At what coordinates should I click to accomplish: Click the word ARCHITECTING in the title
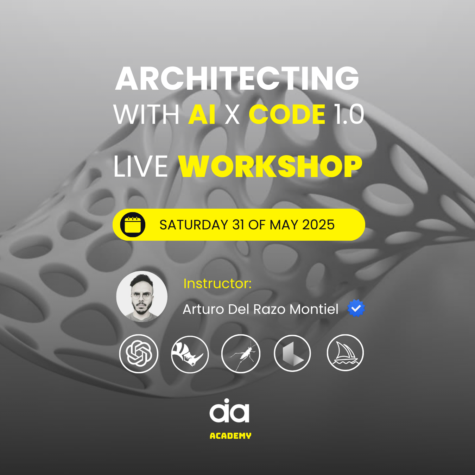[x=237, y=79]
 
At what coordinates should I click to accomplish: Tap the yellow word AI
[x=202, y=114]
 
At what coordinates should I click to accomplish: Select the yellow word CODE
[x=287, y=114]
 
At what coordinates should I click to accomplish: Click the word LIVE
[x=141, y=166]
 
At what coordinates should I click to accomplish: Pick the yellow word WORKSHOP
[x=270, y=166]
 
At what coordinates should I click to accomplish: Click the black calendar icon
[x=133, y=224]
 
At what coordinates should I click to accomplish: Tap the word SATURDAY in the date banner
[x=194, y=225]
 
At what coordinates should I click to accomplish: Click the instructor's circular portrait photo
[x=142, y=296]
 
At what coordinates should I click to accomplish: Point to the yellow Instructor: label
[x=217, y=284]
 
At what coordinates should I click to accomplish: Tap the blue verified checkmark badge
[x=356, y=308]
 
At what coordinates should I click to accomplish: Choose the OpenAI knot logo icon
[x=139, y=354]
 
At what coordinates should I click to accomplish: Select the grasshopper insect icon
[x=241, y=354]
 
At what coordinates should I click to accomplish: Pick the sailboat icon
[x=345, y=353]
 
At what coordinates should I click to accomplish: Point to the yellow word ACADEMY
[x=230, y=436]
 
